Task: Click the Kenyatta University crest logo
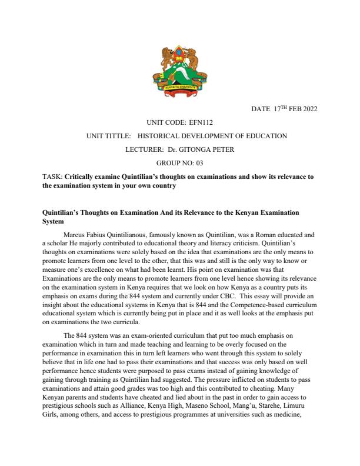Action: [x=179, y=74]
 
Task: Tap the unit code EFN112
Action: [x=201, y=122]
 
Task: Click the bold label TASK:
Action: [x=52, y=177]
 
